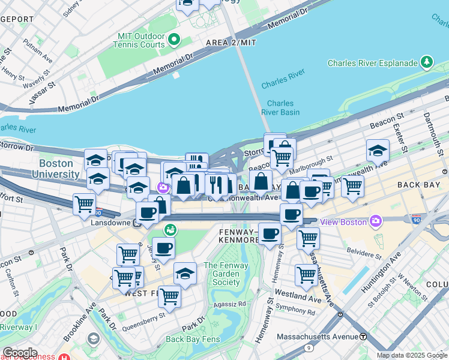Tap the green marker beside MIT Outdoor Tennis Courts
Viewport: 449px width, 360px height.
pyautogui.click(x=175, y=40)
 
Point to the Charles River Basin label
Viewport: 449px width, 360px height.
pyautogui.click(x=280, y=107)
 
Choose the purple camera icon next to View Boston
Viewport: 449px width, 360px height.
pyautogui.click(x=376, y=221)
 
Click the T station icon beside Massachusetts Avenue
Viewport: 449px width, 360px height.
pyautogui.click(x=363, y=337)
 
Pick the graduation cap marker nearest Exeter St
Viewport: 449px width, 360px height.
pyautogui.click(x=378, y=151)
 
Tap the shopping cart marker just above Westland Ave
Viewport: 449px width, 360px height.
pyautogui.click(x=306, y=275)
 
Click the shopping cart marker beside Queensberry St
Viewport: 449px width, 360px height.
pyautogui.click(x=170, y=296)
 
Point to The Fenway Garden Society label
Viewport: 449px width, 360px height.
pyautogui.click(x=221, y=274)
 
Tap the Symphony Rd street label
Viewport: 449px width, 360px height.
pyautogui.click(x=295, y=313)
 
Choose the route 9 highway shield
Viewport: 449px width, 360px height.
pyautogui.click(x=309, y=347)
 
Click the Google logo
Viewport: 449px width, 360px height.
pyautogui.click(x=20, y=353)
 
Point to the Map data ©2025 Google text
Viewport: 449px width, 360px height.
pyautogui.click(x=411, y=355)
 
